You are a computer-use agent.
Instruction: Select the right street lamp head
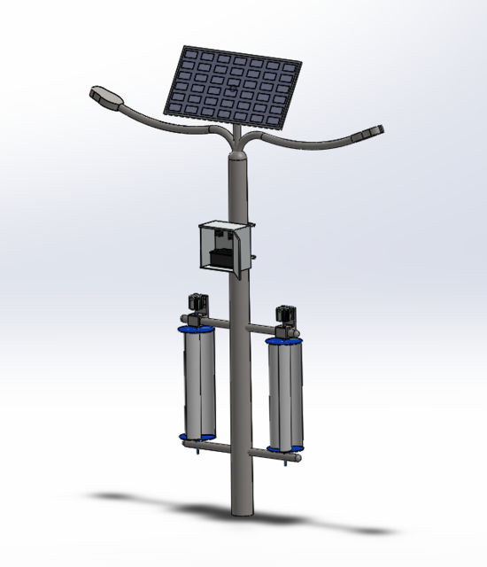pyautogui.click(x=369, y=133)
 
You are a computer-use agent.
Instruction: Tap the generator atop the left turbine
pyautogui.click(x=197, y=303)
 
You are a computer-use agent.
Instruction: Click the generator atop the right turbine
pyautogui.click(x=286, y=315)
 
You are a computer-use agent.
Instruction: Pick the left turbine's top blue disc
pyautogui.click(x=196, y=328)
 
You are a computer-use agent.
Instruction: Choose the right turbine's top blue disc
pyautogui.click(x=285, y=340)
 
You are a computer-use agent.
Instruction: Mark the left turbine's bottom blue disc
pyautogui.click(x=197, y=437)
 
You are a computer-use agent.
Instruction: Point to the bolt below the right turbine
pyautogui.click(x=284, y=459)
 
